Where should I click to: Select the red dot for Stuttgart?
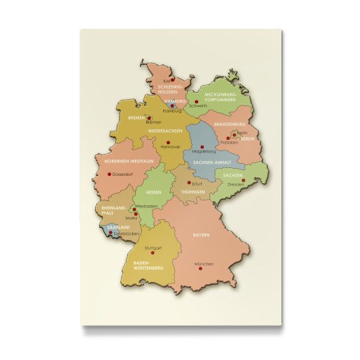pos(153,253)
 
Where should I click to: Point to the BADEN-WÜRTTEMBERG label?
pos(148,265)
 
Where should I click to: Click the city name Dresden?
pos(236,185)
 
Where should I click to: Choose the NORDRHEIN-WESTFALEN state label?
pos(129,162)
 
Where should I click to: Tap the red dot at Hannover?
pos(167,141)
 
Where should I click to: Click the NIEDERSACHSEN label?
pos(166,131)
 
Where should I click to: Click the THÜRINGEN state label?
pos(193,192)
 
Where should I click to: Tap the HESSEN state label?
pos(153,192)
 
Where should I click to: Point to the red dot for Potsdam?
pos(228,138)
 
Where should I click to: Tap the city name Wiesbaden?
pos(146,205)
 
